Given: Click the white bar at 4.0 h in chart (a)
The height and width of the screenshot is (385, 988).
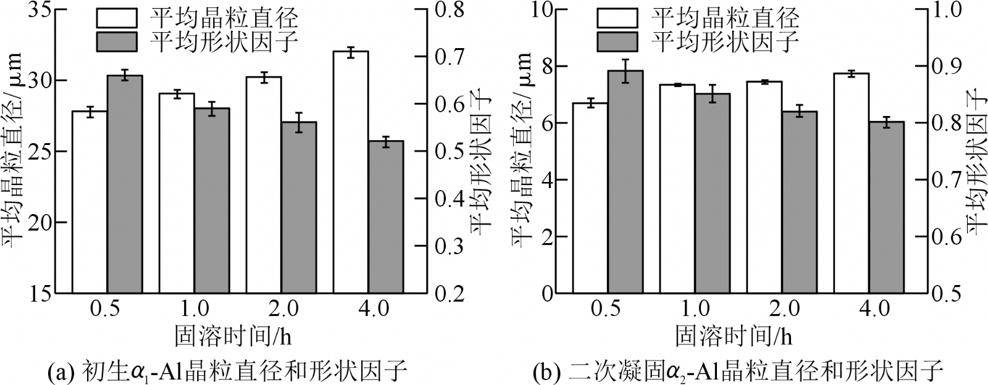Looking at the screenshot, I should click(x=351, y=173).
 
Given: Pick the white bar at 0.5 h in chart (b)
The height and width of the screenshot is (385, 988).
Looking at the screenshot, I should click(x=590, y=198).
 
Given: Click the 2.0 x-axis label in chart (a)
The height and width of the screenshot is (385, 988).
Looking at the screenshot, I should click(x=283, y=308).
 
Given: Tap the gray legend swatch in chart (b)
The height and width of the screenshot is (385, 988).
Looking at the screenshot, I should click(x=616, y=41).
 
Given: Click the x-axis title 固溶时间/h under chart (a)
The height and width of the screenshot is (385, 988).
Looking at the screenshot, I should click(x=233, y=336).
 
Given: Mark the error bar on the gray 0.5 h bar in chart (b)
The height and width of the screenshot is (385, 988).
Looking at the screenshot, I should click(x=626, y=70).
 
